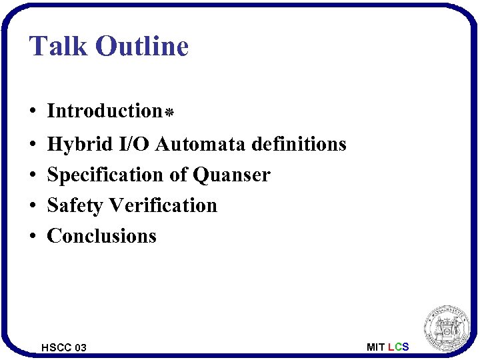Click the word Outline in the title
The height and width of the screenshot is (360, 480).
pos(142,47)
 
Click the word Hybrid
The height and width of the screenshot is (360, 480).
pos(75,144)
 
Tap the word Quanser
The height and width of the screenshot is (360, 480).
pos(231,175)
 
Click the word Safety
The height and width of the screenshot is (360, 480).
pos(75,205)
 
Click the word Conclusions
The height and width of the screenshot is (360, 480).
pos(102,236)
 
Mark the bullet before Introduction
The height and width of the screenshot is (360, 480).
pos(33,111)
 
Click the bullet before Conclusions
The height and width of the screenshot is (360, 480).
pos(33,237)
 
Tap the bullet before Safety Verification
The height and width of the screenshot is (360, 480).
pos(33,206)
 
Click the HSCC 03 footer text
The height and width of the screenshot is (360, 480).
pos(64,347)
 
